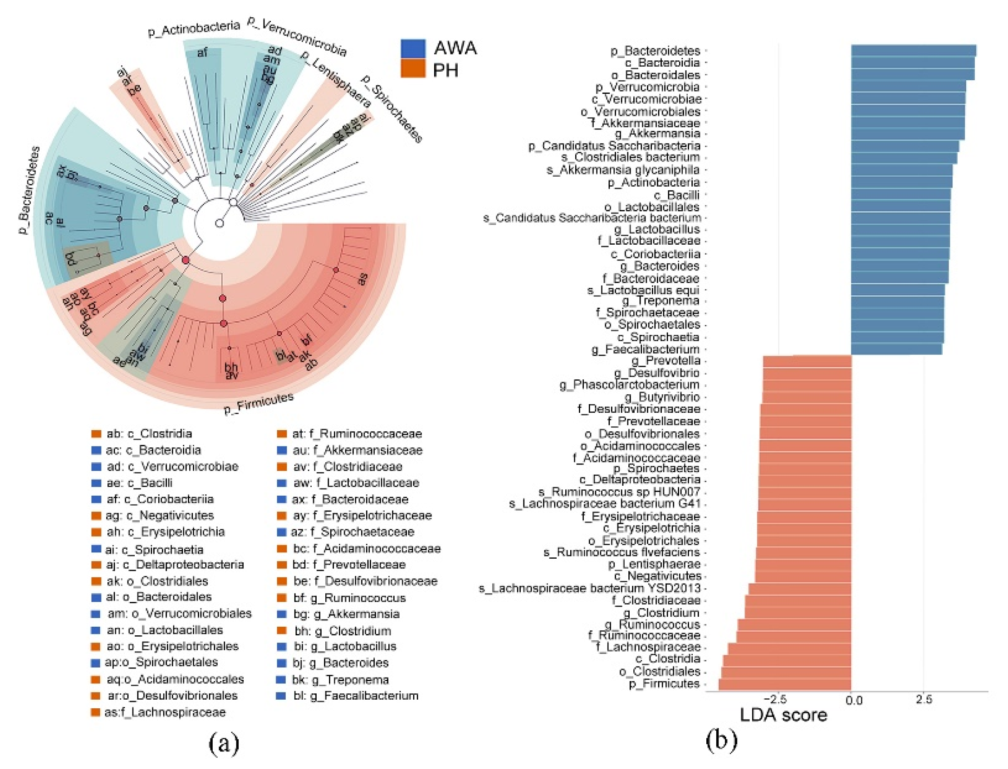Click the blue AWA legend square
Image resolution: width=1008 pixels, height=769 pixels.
(x=413, y=48)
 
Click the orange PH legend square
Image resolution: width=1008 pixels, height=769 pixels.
(x=413, y=69)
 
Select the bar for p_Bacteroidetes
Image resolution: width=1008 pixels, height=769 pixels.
(x=913, y=51)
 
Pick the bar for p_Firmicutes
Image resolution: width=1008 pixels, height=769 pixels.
(x=784, y=684)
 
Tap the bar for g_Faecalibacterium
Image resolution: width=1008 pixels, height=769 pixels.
(x=896, y=349)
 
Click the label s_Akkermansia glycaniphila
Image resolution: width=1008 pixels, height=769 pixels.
(x=623, y=170)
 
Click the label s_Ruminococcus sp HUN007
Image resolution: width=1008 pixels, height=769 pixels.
(x=619, y=492)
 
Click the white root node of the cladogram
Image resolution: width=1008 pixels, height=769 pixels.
(x=220, y=223)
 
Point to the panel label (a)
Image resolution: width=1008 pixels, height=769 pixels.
(x=224, y=743)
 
